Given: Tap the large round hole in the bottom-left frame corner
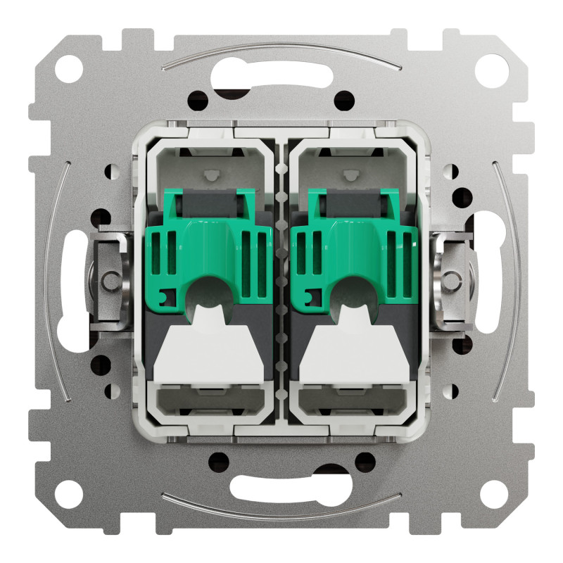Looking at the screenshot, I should tap(75, 491).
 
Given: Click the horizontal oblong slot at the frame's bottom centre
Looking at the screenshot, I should tap(281, 486).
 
